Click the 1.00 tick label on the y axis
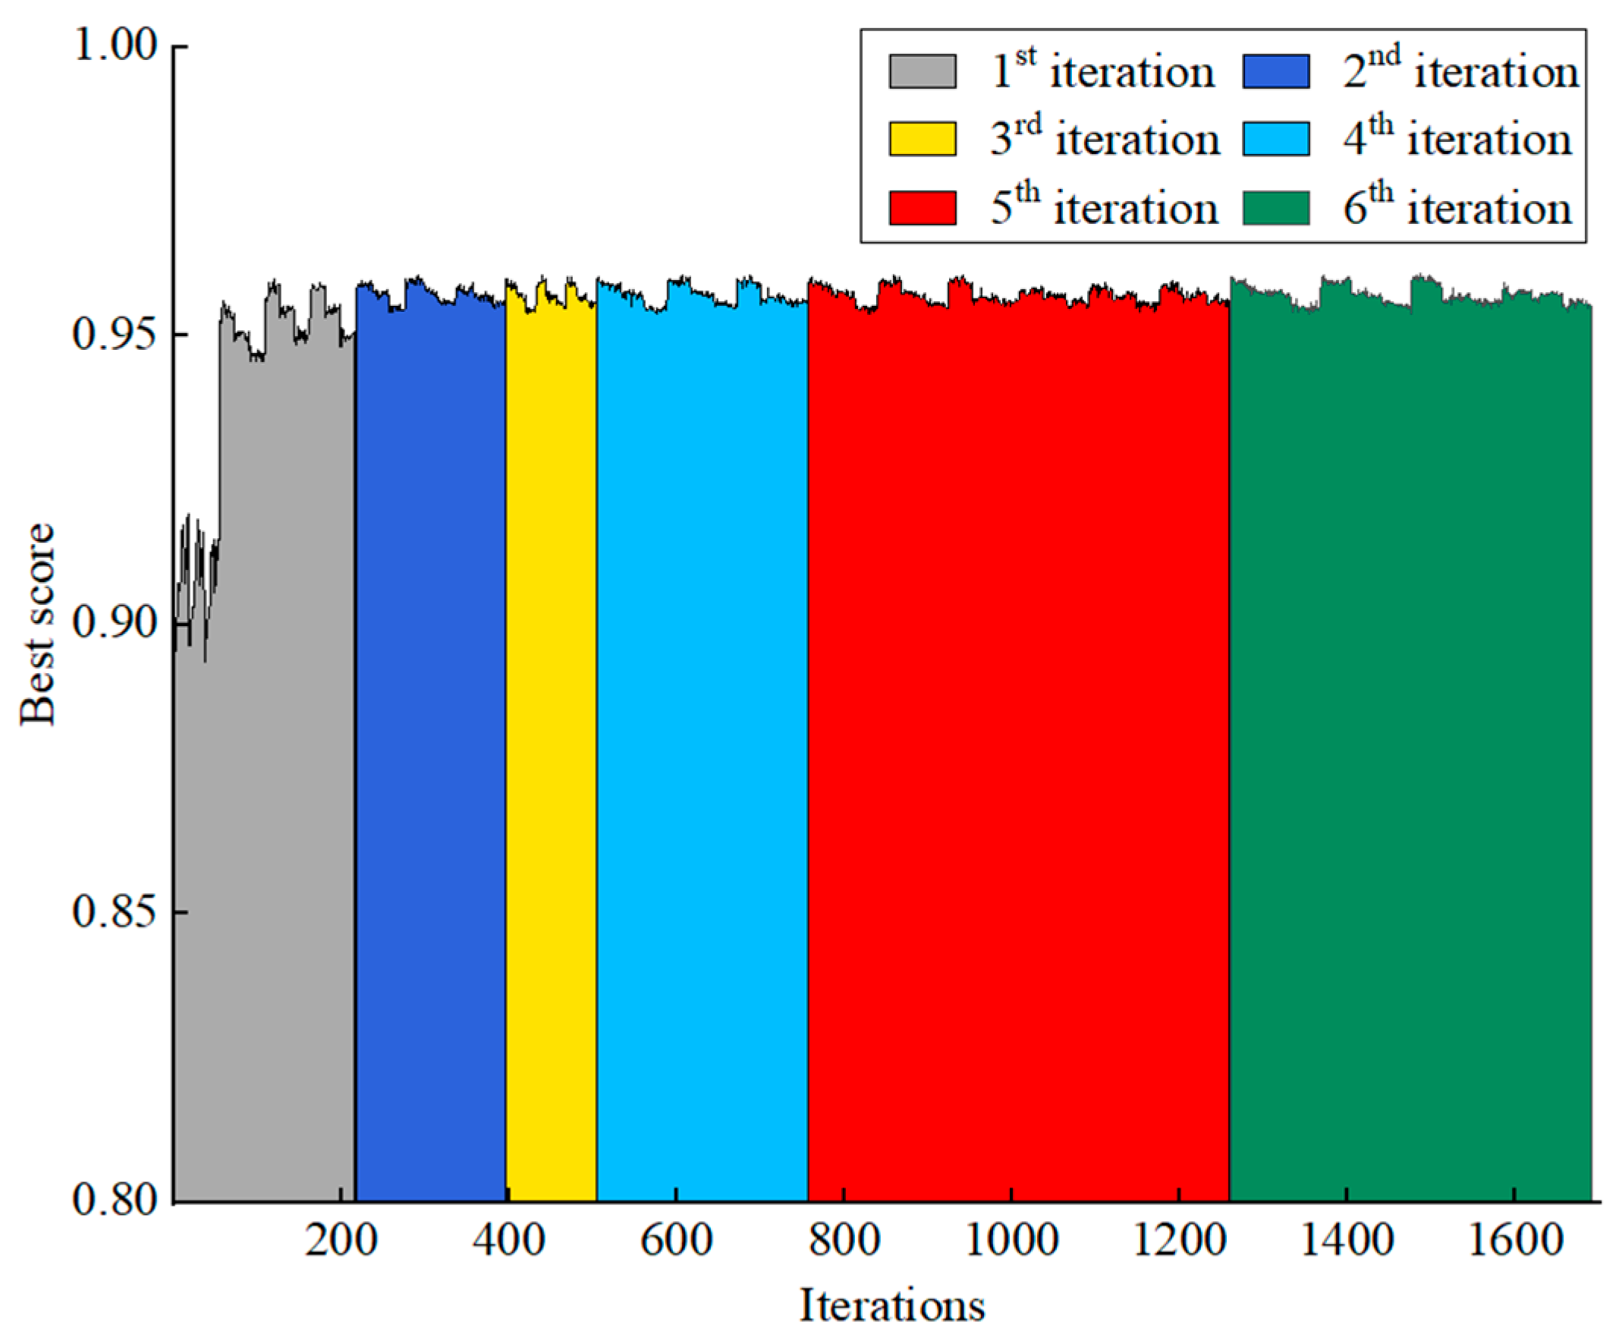[115, 46]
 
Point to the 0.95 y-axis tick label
[115, 335]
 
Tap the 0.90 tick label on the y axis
[115, 623]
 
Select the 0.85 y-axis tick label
[115, 912]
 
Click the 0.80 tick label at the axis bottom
[115, 1201]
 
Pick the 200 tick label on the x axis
[341, 1242]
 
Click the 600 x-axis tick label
[676, 1242]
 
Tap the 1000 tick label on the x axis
[1011, 1242]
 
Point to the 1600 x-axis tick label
[1515, 1242]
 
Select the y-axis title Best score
[37, 624]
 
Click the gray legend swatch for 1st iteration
[923, 71]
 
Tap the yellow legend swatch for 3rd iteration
[923, 139]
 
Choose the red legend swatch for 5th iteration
[923, 208]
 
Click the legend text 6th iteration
[1457, 208]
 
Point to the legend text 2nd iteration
[1460, 71]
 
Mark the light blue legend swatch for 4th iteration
[1275, 139]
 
